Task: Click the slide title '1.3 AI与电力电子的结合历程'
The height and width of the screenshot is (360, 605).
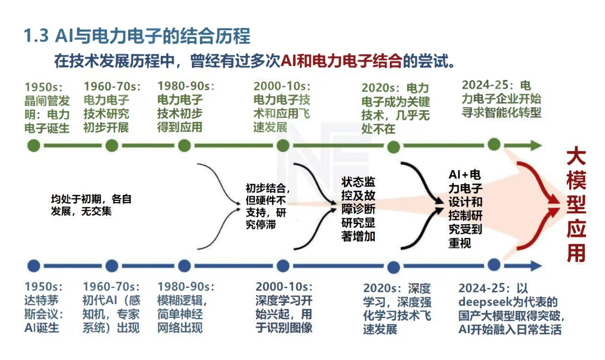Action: tap(137, 36)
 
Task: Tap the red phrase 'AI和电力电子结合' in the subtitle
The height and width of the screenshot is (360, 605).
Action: tap(341, 60)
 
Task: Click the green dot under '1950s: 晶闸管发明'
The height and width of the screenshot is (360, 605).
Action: tap(34, 146)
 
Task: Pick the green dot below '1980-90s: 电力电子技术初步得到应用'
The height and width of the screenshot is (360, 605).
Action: tap(184, 146)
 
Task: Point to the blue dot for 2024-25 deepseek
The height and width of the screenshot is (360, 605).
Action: tap(494, 264)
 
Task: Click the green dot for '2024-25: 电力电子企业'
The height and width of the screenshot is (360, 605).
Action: tap(494, 144)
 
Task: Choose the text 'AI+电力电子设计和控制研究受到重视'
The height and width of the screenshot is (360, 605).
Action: tap(466, 208)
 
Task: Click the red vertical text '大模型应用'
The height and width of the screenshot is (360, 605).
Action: tap(576, 204)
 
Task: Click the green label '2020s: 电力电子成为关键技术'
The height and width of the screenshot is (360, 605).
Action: tap(395, 108)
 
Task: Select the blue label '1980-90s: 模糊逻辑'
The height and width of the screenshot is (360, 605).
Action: tap(185, 307)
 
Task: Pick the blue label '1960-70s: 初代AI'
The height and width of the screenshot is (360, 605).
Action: tap(111, 307)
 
